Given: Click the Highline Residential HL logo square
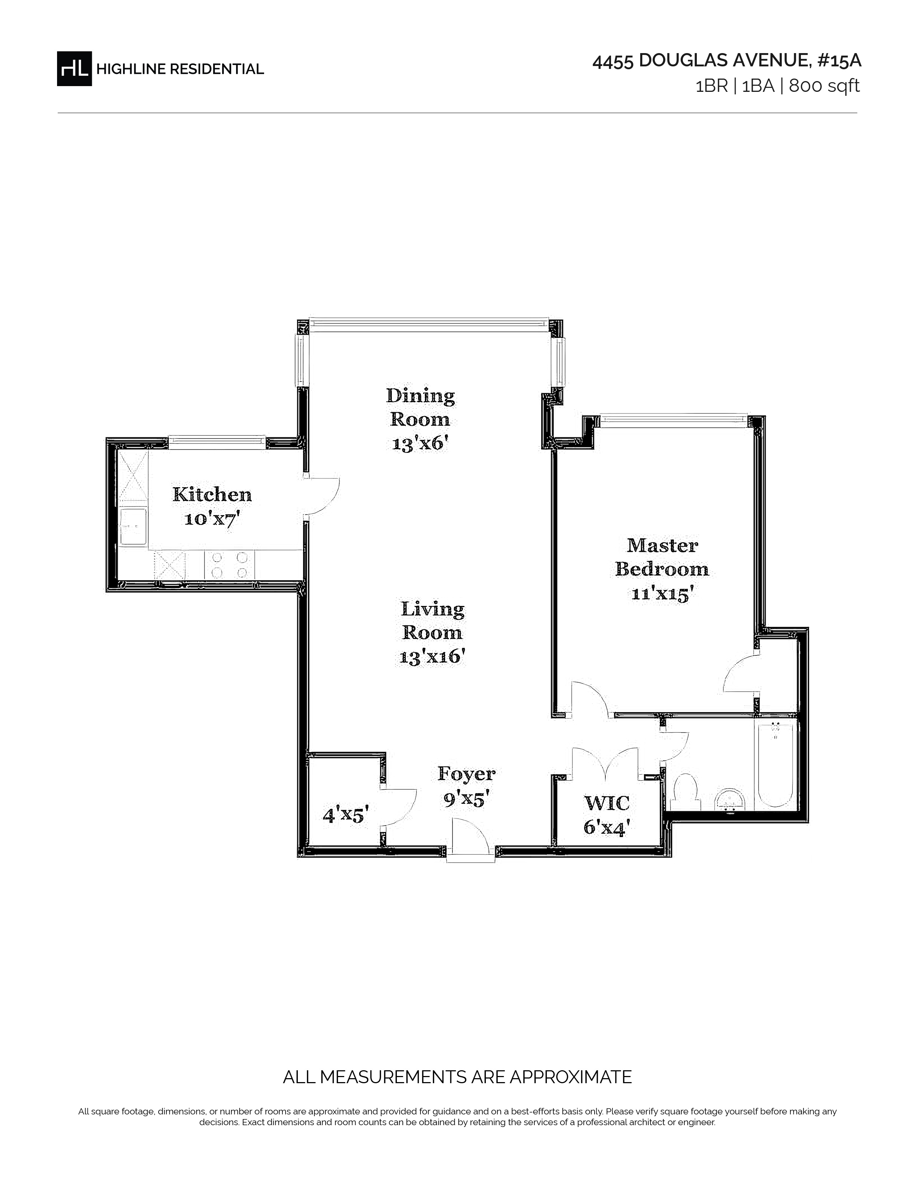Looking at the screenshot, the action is pos(74,68).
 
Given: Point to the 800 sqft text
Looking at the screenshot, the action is pos(825,86).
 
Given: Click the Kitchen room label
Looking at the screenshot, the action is pos(212,494).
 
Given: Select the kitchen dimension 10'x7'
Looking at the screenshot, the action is pos(212,519).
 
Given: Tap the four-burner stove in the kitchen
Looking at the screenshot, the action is pos(229,565).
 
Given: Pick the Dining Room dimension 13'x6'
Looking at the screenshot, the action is pos(420,443).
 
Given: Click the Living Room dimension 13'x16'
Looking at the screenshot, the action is pos(432,657).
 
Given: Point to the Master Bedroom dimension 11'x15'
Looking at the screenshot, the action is pos(662,594).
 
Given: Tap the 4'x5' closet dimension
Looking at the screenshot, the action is pos(346,815).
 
